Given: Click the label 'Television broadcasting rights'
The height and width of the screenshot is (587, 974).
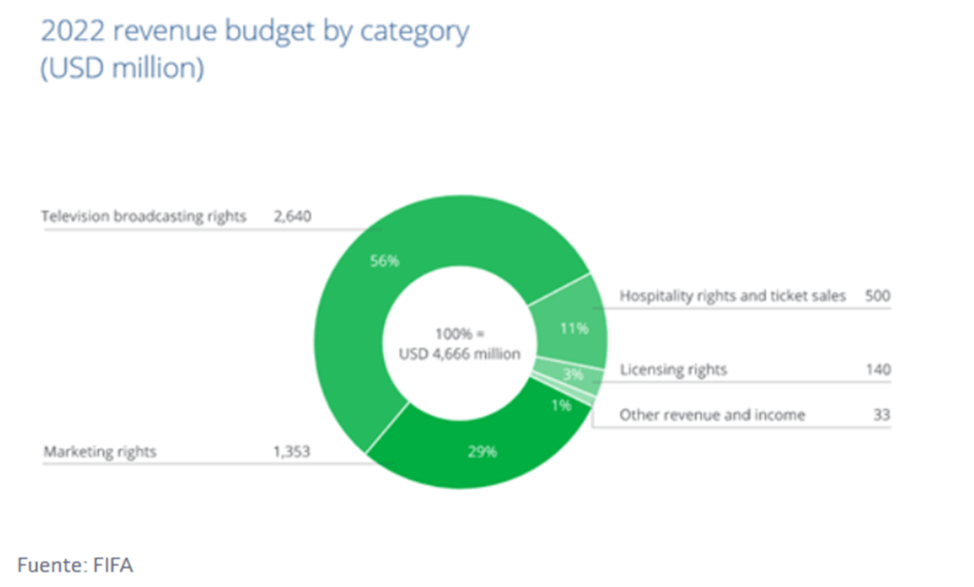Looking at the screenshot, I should (x=144, y=216).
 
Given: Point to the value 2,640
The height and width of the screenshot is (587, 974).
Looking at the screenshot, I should (x=293, y=216).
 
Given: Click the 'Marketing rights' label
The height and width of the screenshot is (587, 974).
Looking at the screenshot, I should (x=99, y=452).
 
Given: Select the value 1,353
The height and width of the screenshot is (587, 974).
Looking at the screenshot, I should (x=293, y=452).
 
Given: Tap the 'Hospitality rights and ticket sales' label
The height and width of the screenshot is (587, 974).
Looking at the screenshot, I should (x=732, y=296).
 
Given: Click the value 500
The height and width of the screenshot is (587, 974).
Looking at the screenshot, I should (x=878, y=296).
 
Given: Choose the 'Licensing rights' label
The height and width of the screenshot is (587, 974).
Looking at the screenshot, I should (x=672, y=369).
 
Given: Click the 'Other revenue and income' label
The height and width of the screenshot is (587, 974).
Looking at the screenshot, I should (x=712, y=415).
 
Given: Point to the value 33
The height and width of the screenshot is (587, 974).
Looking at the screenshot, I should (x=882, y=415).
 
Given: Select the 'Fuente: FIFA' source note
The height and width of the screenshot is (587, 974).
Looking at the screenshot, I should (x=75, y=566).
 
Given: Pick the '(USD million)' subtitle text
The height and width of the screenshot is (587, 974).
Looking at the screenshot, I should (x=122, y=69).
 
